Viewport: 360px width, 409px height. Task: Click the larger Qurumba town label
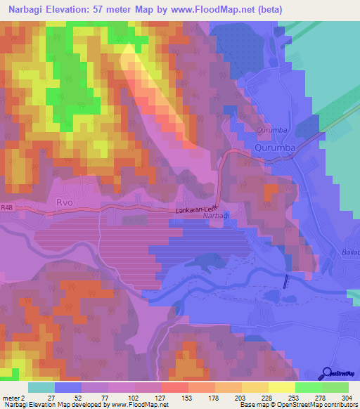(275, 148)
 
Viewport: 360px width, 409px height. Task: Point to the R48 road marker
(7, 207)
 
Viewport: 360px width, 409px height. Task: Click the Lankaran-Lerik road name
(198, 210)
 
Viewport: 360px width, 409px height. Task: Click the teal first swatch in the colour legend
(41, 387)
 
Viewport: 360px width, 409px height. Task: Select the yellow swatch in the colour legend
(282, 387)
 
